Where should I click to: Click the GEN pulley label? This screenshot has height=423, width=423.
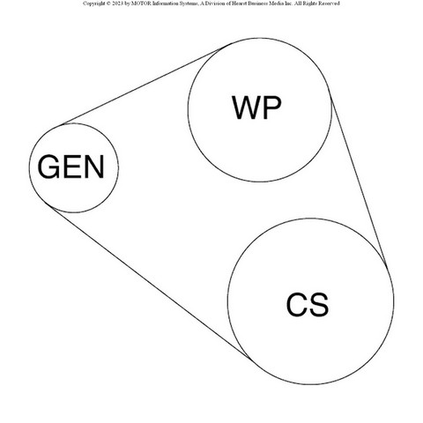click(71, 167)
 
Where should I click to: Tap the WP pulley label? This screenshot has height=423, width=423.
click(256, 108)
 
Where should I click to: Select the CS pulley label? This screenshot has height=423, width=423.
click(308, 305)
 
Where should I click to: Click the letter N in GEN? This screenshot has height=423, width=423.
click(94, 167)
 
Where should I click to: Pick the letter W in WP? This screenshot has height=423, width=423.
click(247, 108)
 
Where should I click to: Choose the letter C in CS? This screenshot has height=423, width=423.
click(297, 305)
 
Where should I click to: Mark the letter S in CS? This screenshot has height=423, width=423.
click(319, 305)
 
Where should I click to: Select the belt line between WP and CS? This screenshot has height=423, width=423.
click(359, 178)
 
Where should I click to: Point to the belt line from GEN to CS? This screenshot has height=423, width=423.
click(151, 282)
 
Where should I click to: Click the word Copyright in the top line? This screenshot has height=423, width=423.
click(93, 4)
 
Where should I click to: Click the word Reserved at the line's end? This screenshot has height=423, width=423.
click(330, 4)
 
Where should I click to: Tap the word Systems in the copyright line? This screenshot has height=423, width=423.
click(188, 4)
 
